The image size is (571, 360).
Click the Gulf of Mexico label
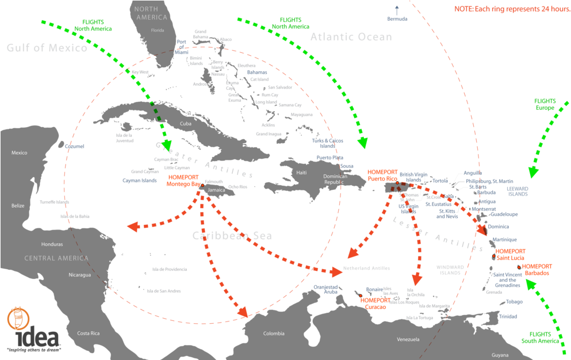(47, 48)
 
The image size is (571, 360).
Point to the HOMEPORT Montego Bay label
(183, 181)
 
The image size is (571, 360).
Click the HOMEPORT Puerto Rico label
(382, 175)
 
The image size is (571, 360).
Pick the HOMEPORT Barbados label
(536, 270)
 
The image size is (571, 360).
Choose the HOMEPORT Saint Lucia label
(510, 255)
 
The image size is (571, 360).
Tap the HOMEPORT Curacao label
(375, 303)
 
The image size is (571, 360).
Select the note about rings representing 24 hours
(509, 10)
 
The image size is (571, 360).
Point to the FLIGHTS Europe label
(544, 104)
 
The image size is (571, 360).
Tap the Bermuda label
(397, 19)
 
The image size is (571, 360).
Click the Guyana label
(500, 355)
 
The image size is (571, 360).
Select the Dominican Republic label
(335, 179)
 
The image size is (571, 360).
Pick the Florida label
(157, 30)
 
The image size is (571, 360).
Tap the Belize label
(18, 205)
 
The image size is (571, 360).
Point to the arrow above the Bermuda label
(396, 9)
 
